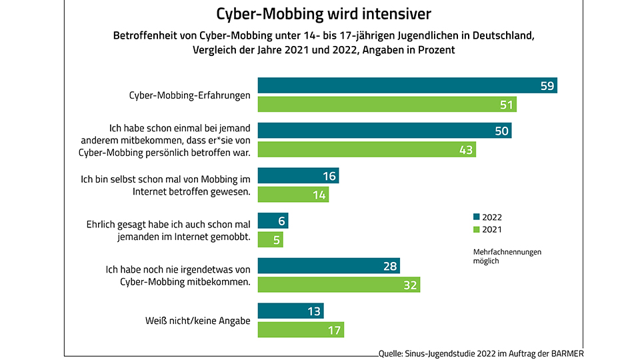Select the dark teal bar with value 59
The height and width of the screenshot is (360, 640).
pyautogui.click(x=407, y=85)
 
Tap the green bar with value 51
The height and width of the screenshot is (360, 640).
pyautogui.click(x=387, y=105)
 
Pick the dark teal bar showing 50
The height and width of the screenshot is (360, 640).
pyautogui.click(x=384, y=131)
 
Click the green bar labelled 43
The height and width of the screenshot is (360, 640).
pyautogui.click(x=366, y=150)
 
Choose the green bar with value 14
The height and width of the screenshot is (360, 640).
pyautogui.click(x=293, y=195)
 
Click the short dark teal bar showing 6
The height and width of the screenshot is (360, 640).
pyautogui.click(x=273, y=221)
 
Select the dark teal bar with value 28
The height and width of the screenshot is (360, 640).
pyautogui.click(x=328, y=266)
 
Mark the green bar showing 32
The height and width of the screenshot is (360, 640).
pyautogui.click(x=339, y=285)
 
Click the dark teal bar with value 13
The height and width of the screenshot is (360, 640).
pyautogui.click(x=290, y=311)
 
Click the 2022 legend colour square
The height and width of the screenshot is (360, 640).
pyautogui.click(x=476, y=217)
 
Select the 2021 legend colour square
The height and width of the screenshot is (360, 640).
pyautogui.click(x=476, y=230)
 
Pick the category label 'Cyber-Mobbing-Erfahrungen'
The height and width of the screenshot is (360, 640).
pyautogui.click(x=189, y=95)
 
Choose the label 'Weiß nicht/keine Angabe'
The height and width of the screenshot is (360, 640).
pyautogui.click(x=197, y=321)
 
